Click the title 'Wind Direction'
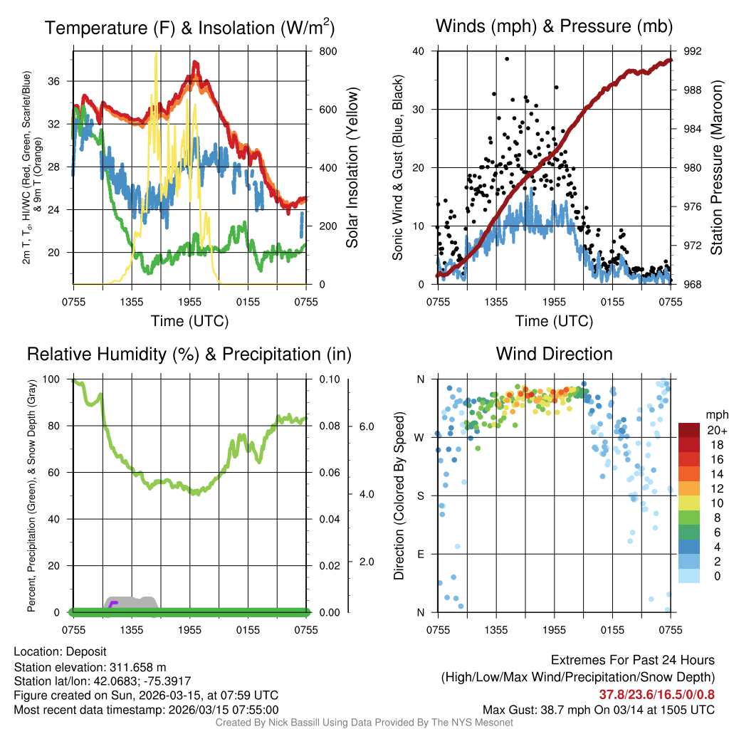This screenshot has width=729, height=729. point(554,354)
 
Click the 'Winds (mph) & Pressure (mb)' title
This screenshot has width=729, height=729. point(554,26)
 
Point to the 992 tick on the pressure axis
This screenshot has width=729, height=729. point(693,51)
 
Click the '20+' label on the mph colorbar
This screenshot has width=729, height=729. point(716,430)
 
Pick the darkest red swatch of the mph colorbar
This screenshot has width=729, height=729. point(689,430)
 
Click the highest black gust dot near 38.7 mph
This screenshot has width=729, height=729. point(507,59)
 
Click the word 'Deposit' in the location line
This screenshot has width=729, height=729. point(86,651)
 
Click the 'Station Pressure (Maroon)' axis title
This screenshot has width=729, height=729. point(717,168)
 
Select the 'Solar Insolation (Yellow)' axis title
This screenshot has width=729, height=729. point(352,168)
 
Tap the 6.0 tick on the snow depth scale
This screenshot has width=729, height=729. point(366,426)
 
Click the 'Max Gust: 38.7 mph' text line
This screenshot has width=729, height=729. point(599,709)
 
